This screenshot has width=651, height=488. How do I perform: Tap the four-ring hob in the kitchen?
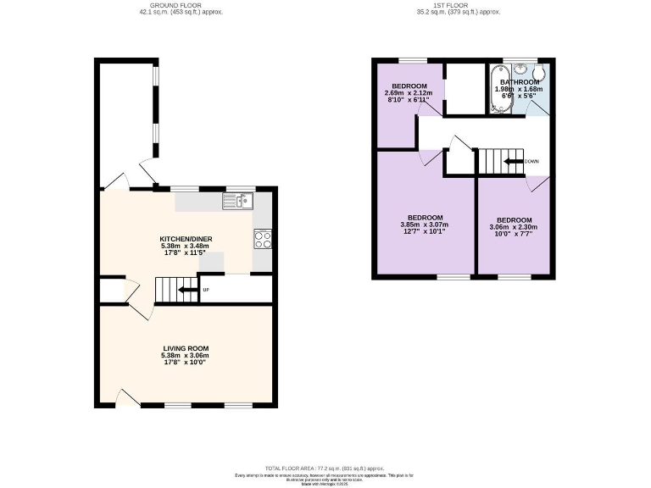[x=263, y=239]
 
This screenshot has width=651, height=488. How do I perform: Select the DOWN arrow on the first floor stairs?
[x=511, y=161]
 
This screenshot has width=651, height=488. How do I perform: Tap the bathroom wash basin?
[x=519, y=67]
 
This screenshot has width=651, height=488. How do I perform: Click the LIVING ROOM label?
[x=186, y=348]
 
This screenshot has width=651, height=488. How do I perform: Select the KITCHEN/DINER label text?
[x=186, y=240]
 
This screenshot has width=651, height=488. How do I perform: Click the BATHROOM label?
[x=519, y=82]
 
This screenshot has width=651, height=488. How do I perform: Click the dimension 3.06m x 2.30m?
[x=514, y=227]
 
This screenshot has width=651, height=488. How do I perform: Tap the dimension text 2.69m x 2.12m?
[x=407, y=92]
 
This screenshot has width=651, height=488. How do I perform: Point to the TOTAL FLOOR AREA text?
[x=325, y=468]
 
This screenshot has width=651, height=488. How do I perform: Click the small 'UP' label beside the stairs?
[x=206, y=291]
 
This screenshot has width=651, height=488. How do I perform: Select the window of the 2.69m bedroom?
[x=413, y=59]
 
